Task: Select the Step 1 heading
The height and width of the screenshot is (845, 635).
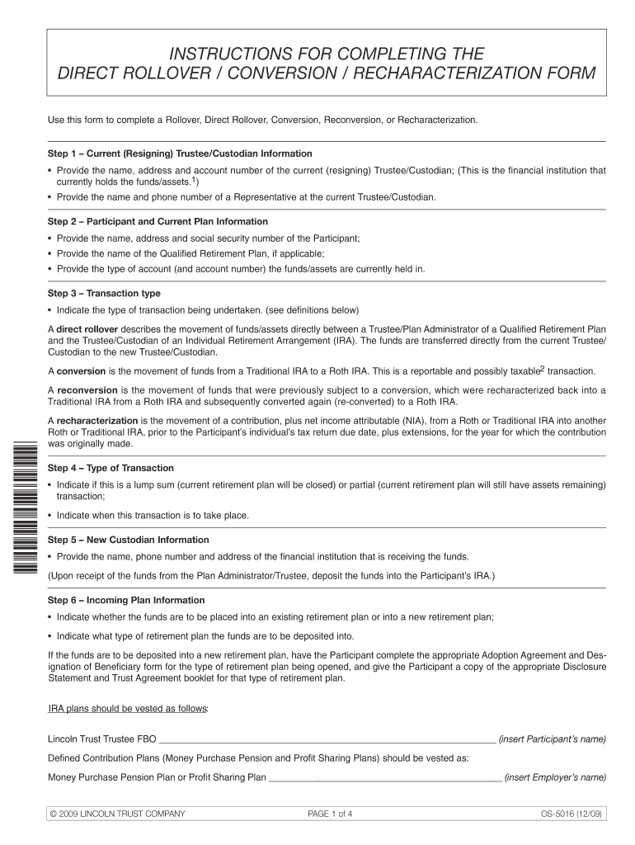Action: pos(180,153)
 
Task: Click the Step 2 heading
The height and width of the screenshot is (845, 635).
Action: pos(158,221)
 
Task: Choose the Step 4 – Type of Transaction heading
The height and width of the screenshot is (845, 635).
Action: pos(111,468)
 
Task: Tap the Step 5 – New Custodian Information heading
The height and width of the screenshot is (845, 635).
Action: pos(128,540)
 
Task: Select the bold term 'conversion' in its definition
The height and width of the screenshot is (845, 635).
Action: pos(80,371)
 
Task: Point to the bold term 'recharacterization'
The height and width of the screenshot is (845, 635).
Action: pos(97,420)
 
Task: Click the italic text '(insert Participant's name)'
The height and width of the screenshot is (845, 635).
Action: pos(553,738)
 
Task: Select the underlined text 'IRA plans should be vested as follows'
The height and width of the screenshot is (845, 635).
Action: pos(128,709)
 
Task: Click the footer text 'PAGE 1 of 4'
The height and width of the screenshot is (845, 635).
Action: pos(330,814)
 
